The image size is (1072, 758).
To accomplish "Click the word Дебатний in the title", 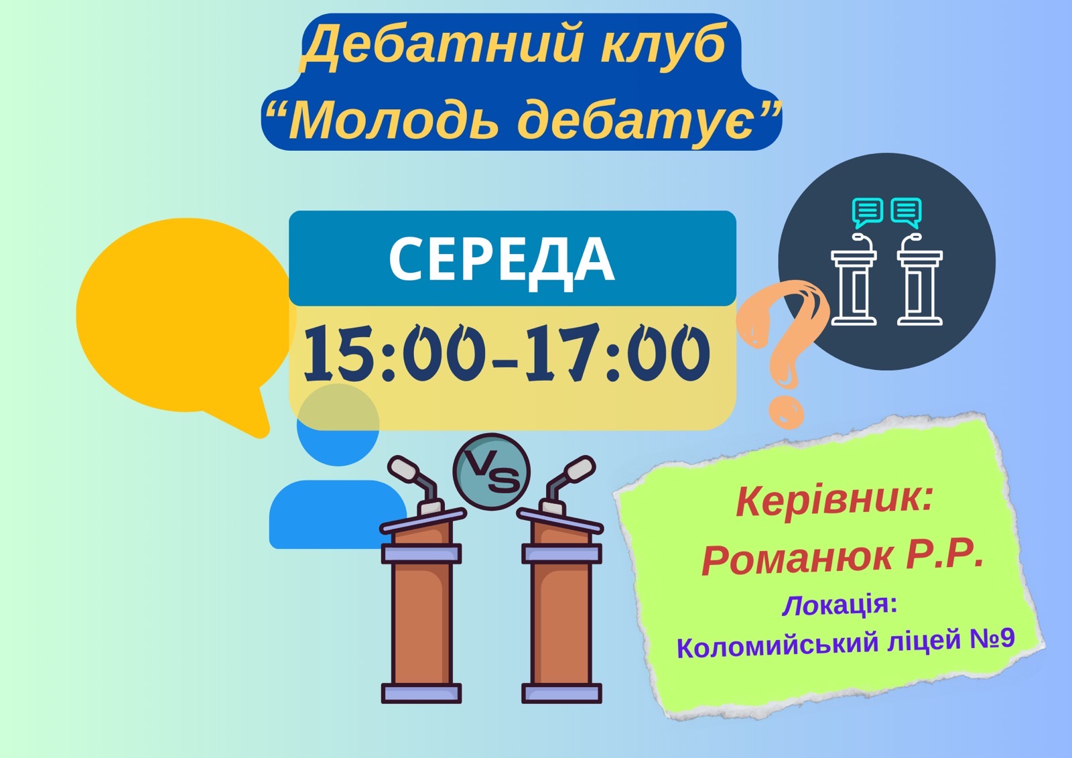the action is click(441, 46).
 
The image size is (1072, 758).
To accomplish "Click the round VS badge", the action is click(492, 472).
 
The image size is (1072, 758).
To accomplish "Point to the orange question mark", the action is click(785, 352).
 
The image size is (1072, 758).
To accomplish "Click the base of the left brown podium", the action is click(421, 694).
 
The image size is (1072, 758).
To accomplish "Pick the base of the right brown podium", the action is click(561, 694).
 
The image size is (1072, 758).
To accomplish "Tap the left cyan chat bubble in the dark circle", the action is click(867, 213).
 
